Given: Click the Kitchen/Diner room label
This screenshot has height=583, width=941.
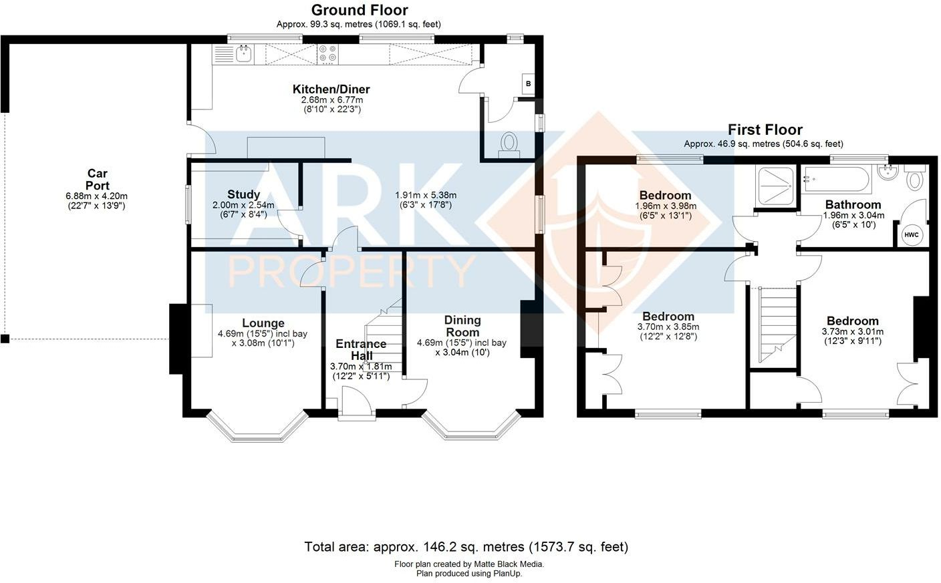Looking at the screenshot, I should [x=331, y=89].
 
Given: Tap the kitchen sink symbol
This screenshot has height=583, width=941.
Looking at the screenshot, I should [x=243, y=53].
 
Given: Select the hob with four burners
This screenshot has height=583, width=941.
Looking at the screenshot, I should [x=327, y=53].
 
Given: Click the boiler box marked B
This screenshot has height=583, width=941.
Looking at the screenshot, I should [x=528, y=83].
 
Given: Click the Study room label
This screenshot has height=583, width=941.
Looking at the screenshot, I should [x=243, y=195].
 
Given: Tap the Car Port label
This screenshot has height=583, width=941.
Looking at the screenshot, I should [x=97, y=180].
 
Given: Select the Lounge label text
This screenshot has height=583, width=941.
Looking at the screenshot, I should [x=263, y=323].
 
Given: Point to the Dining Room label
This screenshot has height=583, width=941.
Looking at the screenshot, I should [x=462, y=327].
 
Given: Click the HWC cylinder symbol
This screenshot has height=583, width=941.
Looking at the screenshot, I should [x=912, y=234].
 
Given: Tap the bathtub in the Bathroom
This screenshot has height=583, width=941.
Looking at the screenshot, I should [x=837, y=180].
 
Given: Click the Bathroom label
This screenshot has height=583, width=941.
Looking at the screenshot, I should [x=853, y=205].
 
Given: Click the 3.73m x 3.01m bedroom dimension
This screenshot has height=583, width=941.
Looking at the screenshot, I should [x=852, y=332].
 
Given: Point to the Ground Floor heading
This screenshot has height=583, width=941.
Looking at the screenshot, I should [x=359, y=10].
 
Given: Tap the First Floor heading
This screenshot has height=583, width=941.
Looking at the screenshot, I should [x=765, y=130].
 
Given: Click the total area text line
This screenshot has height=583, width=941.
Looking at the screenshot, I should [x=466, y=547].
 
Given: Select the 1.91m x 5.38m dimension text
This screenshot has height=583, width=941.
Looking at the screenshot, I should [x=426, y=196].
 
